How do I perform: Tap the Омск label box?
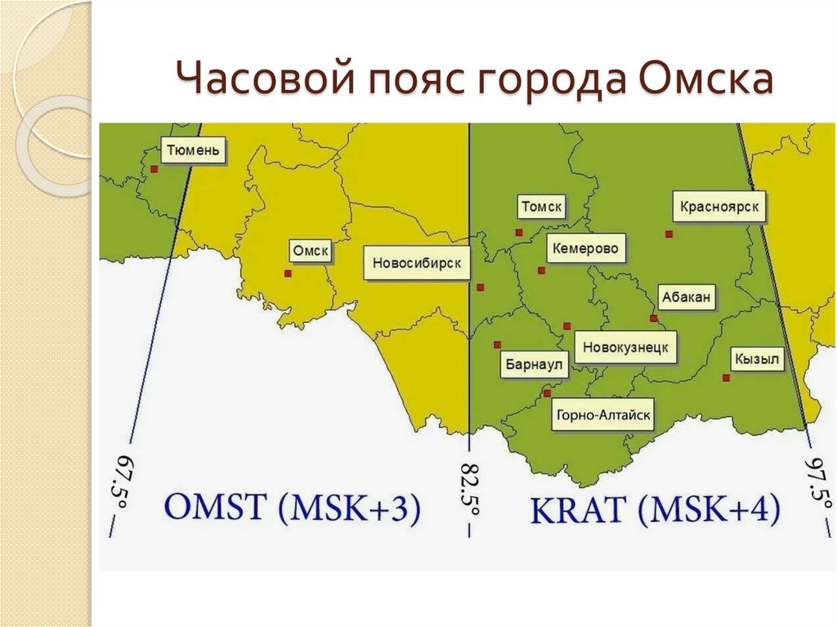tap(311, 252)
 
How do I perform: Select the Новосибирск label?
tap(417, 263)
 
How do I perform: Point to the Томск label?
tap(541, 208)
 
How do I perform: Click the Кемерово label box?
tap(585, 248)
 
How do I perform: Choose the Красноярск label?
tap(720, 208)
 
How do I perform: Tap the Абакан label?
tap(687, 298)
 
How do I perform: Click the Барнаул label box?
tap(535, 365)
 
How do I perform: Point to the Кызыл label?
tap(758, 359)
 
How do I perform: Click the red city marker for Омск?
tap(287, 274)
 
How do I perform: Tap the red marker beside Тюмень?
tap(153, 169)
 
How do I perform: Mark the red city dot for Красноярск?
tap(669, 234)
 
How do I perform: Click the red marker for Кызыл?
tap(726, 378)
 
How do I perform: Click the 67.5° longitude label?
tap(120, 490)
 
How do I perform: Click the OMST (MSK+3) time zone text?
tap(293, 508)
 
